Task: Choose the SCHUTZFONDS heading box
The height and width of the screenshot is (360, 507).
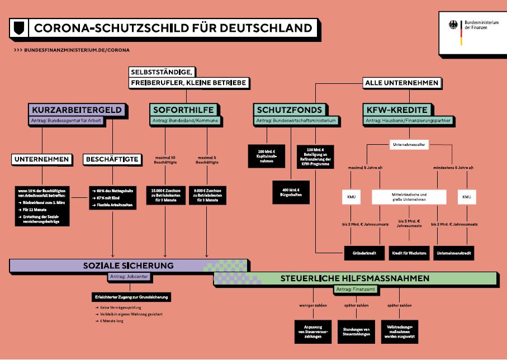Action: coord(289,110)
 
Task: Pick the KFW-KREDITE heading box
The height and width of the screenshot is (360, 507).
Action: coord(397,110)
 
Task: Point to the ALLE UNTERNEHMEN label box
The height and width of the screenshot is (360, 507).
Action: coord(401,83)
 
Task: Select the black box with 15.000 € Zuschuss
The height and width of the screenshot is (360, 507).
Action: coord(165,195)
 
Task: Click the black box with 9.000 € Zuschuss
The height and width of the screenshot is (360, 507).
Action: coord(207,195)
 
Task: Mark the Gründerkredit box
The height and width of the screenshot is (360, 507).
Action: coord(363,253)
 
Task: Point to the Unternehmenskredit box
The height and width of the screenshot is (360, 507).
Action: coord(454,253)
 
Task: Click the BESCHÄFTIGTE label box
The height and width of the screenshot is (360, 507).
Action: coord(112,160)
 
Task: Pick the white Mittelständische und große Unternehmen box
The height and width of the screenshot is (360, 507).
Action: coord(409,197)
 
